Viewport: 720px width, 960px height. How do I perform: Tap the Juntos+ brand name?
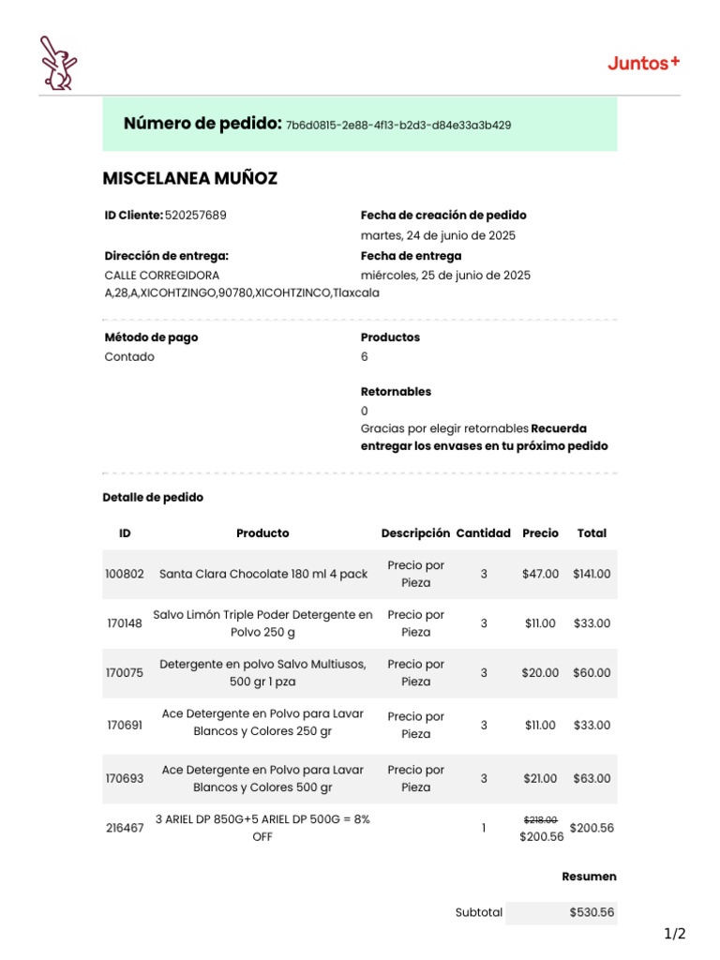pyautogui.click(x=643, y=64)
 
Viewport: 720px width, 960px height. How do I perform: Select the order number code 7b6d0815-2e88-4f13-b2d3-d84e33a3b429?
pyautogui.click(x=398, y=126)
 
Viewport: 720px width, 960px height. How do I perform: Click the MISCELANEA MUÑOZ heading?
pyautogui.click(x=189, y=178)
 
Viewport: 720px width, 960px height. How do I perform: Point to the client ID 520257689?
pyautogui.click(x=195, y=216)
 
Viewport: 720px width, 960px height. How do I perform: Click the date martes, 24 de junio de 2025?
pyautogui.click(x=438, y=236)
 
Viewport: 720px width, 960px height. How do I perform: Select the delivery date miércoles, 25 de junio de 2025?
pyautogui.click(x=445, y=276)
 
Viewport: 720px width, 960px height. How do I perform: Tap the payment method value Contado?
pyautogui.click(x=129, y=357)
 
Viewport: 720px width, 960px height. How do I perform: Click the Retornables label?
pyautogui.click(x=396, y=392)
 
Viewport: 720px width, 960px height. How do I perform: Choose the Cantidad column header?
pyautogui.click(x=483, y=533)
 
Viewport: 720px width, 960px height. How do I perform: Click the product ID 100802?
pyautogui.click(x=125, y=574)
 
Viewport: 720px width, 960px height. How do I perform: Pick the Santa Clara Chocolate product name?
pyautogui.click(x=263, y=574)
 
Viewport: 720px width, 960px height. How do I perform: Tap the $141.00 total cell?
pyautogui.click(x=592, y=574)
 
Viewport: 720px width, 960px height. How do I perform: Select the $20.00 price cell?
pyautogui.click(x=540, y=673)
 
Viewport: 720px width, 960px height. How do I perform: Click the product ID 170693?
pyautogui.click(x=125, y=778)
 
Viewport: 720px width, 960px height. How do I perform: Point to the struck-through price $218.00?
pyautogui.click(x=540, y=819)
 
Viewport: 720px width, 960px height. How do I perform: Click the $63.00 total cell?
pyautogui.click(x=592, y=778)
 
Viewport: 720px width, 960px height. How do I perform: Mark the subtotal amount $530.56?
pyautogui.click(x=592, y=912)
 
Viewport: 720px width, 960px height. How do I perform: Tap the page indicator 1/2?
pyautogui.click(x=675, y=934)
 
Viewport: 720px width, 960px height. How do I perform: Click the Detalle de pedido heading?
pyautogui.click(x=153, y=498)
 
